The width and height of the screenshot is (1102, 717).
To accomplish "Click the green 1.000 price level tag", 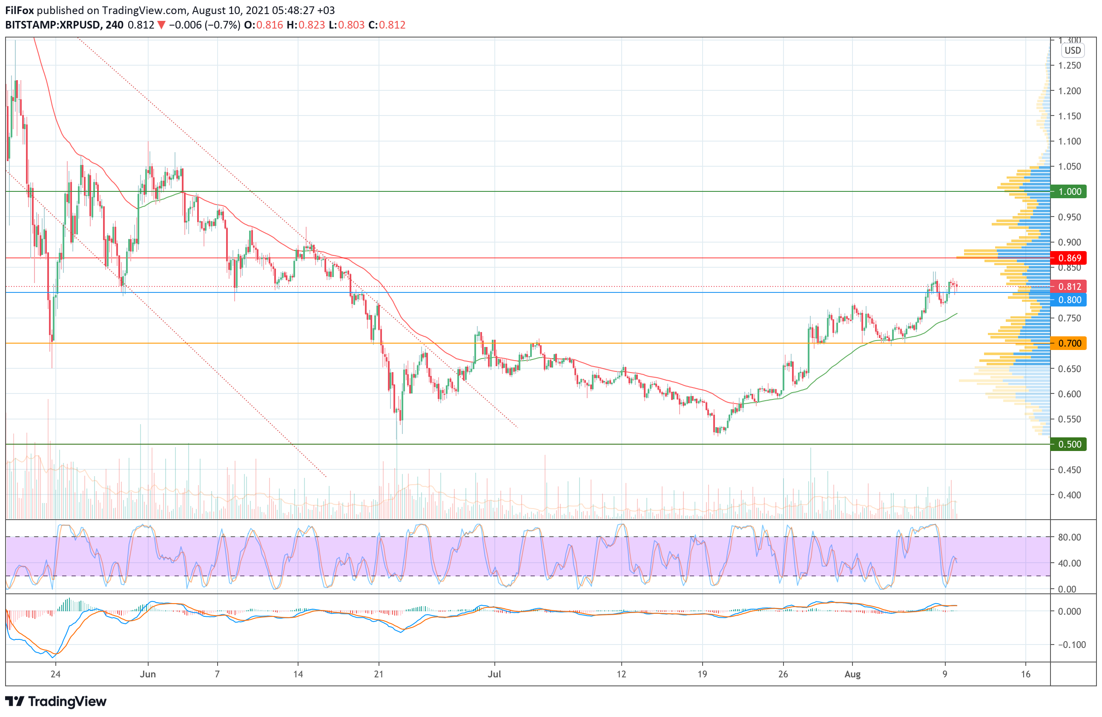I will pyautogui.click(x=1069, y=191).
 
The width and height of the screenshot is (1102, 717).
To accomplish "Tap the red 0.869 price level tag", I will pyautogui.click(x=1069, y=258).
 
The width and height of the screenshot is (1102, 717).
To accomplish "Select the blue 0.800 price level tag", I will pyautogui.click(x=1069, y=300).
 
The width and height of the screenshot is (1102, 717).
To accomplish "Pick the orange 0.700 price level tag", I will pyautogui.click(x=1069, y=344).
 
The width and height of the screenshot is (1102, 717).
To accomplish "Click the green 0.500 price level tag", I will pyautogui.click(x=1069, y=444).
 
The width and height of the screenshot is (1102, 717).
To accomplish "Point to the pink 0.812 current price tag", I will pyautogui.click(x=1069, y=287).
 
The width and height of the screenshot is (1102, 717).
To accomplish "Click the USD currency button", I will pyautogui.click(x=1072, y=51).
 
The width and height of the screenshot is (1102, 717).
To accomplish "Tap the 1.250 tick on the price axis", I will pyautogui.click(x=1070, y=65).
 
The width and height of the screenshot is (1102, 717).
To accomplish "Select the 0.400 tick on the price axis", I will pyautogui.click(x=1070, y=495).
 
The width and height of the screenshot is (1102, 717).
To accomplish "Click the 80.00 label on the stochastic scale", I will pyautogui.click(x=1070, y=537).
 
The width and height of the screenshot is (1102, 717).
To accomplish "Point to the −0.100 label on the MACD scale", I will pyautogui.click(x=1071, y=645).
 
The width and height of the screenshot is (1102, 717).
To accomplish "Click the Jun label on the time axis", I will pyautogui.click(x=148, y=674).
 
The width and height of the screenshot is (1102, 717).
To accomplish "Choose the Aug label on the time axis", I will pyautogui.click(x=852, y=674).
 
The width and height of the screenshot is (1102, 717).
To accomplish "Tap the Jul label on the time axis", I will pyautogui.click(x=494, y=674).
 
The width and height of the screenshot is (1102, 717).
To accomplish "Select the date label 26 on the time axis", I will pyautogui.click(x=783, y=674).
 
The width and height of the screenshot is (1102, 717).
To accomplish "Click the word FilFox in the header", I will pyautogui.click(x=20, y=10).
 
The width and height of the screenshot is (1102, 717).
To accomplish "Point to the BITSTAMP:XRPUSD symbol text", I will pyautogui.click(x=52, y=25).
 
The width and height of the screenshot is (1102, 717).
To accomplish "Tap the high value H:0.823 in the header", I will pyautogui.click(x=306, y=25).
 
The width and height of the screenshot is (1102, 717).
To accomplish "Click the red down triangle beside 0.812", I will pyautogui.click(x=161, y=25).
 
